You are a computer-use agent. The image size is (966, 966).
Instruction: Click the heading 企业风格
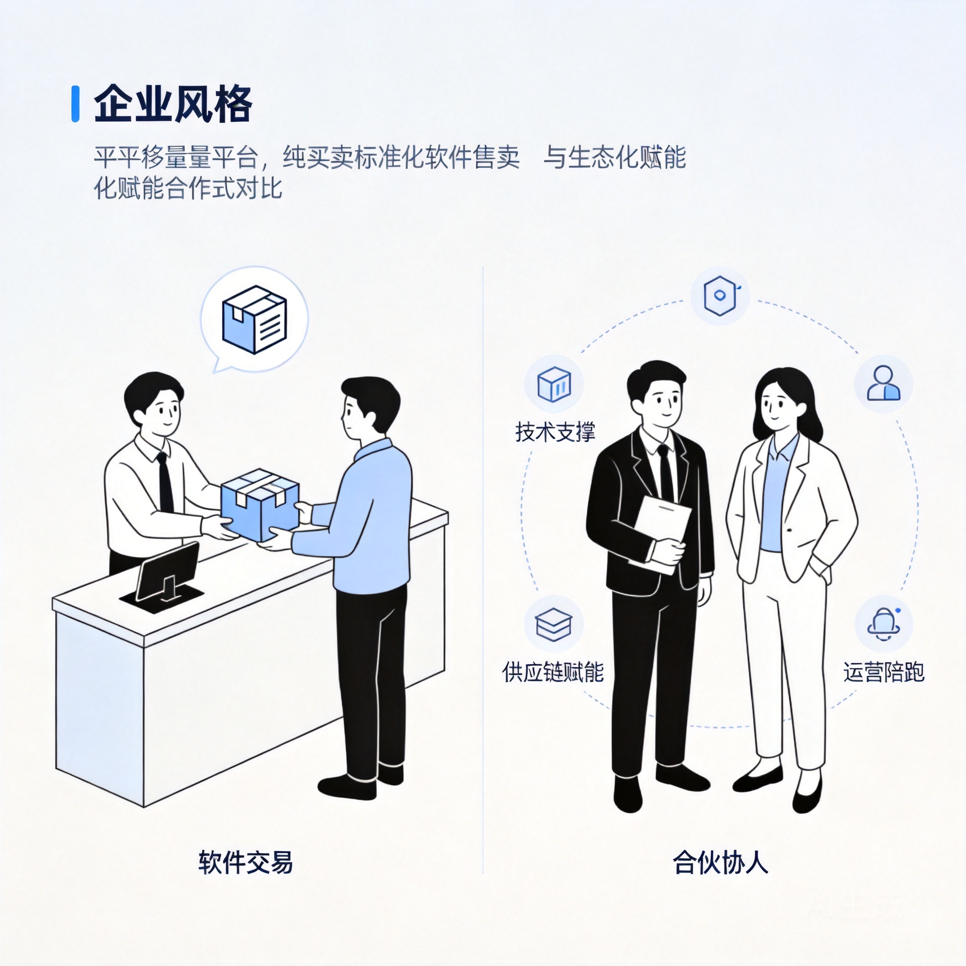coord(173,104)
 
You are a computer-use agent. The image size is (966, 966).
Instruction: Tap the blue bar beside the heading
coord(75,104)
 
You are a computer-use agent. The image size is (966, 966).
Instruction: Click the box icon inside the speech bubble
coord(255,319)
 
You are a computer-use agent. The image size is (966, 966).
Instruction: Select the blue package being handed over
coord(260,505)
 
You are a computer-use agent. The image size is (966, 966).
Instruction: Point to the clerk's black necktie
coord(165,482)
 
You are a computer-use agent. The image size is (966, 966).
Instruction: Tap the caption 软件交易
coord(246,862)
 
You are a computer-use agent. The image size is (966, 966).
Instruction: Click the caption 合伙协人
coord(720,862)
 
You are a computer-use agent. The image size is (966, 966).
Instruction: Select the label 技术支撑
coord(555,432)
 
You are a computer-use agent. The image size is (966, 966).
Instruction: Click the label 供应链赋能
coord(553,672)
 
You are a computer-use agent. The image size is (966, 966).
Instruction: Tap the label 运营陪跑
coord(884,672)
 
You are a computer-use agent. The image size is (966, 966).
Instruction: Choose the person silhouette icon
coord(883,383)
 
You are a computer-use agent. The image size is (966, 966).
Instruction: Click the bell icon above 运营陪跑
coord(883,624)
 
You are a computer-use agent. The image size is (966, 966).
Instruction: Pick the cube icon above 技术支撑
coord(554,384)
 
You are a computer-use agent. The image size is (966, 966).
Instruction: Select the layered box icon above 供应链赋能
coord(553,624)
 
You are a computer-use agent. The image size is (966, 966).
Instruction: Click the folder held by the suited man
coord(660,534)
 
